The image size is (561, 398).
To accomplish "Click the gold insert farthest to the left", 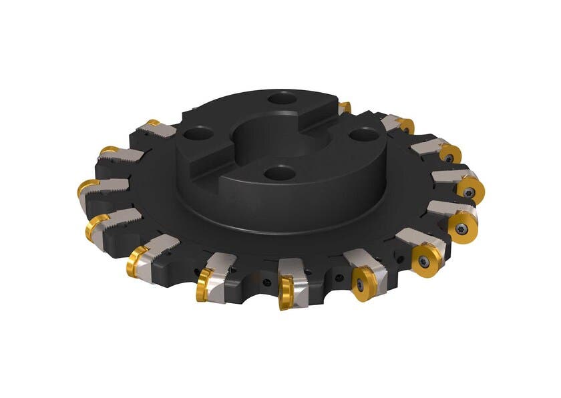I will [86, 188].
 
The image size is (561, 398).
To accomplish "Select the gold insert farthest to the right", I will [470, 190].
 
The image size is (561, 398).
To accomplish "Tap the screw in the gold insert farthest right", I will [472, 192].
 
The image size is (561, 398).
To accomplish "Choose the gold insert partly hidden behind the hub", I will [345, 108].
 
